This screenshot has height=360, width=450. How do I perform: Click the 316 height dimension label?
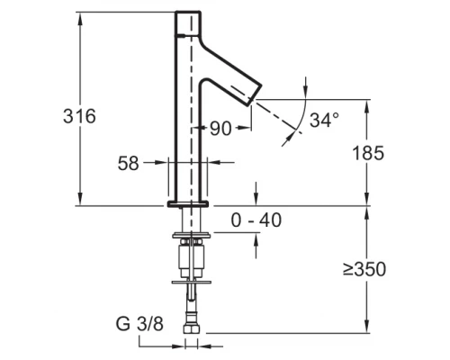[x=79, y=116]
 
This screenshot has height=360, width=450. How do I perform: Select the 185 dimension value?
[x=368, y=153]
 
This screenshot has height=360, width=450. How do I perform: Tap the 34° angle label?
[x=325, y=120]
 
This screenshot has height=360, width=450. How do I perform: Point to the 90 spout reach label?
[x=220, y=129]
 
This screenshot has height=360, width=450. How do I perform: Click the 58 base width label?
[x=129, y=164]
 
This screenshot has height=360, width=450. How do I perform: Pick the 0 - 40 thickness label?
[x=256, y=220]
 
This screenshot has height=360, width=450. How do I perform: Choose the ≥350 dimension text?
[x=364, y=269]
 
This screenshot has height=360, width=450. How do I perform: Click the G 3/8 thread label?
[x=139, y=324]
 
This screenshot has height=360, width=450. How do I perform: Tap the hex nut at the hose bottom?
[x=191, y=328]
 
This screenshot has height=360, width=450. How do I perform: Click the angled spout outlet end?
[x=255, y=94]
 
